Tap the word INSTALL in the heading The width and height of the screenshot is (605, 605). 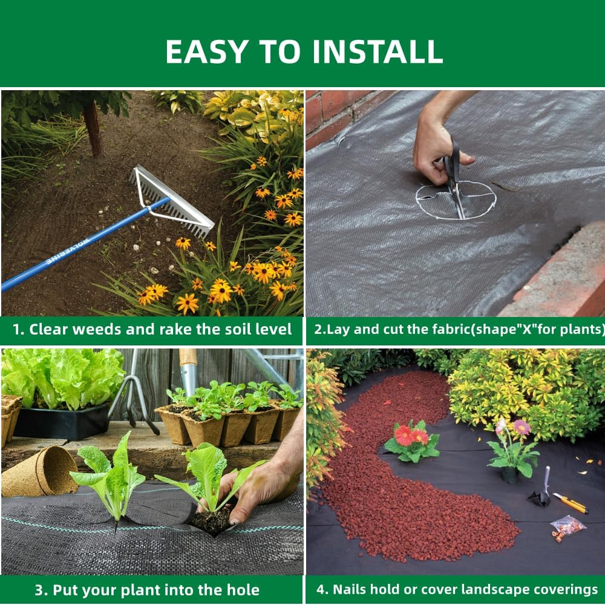click(x=377, y=52)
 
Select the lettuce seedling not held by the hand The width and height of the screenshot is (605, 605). click(x=109, y=478)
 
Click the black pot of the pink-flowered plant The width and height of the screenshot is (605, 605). click(x=510, y=474)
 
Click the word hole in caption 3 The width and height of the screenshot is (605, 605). click(x=237, y=590)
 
